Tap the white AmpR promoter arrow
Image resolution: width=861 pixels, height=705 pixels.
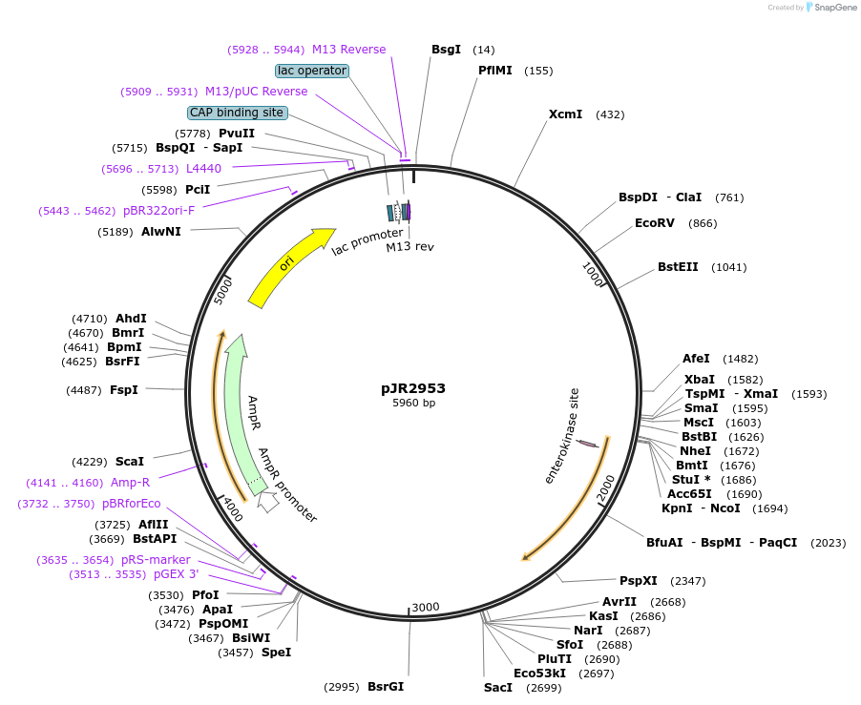click(268, 500)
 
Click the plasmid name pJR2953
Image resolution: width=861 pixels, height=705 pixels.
click(413, 388)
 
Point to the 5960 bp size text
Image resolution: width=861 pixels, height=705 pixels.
click(413, 404)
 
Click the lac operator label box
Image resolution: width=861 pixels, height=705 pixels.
click(311, 71)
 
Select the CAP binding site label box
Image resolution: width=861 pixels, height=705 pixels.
click(237, 113)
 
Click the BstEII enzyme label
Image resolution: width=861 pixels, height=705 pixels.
click(678, 267)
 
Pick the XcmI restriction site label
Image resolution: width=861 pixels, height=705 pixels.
click(565, 114)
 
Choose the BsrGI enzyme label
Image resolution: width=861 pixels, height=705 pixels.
click(386, 687)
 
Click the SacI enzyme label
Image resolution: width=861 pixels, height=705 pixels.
click(498, 687)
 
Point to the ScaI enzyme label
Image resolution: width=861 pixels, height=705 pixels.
click(130, 461)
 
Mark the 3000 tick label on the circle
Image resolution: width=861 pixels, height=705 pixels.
click(426, 608)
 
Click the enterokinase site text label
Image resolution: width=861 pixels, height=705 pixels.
click(562, 435)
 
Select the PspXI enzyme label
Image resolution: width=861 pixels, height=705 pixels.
click(638, 580)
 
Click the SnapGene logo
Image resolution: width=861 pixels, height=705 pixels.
click(831, 8)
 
